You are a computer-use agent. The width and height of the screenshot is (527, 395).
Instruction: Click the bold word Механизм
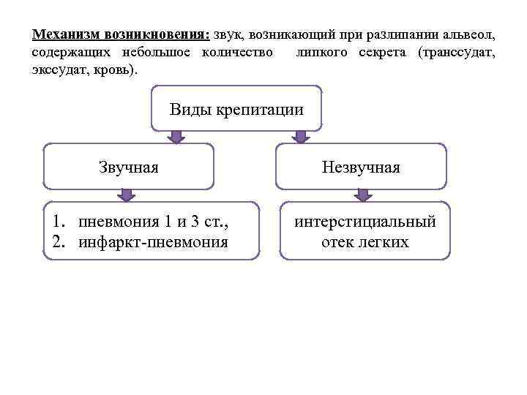coord(67,34)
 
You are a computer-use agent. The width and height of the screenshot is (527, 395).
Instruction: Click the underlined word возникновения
coord(157,34)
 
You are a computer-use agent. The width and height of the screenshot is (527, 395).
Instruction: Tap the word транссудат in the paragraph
coord(458,53)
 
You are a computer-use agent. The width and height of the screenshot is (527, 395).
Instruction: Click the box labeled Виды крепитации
coord(236,110)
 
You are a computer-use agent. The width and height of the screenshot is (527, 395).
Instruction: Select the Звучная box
coord(129,167)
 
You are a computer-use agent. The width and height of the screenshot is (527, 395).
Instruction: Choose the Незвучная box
coord(361,167)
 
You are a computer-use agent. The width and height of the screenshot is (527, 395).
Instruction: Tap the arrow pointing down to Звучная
coord(176,137)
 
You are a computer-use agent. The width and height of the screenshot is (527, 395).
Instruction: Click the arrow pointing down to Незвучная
coord(299,137)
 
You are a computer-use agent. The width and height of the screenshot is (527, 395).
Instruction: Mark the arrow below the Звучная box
coord(127,195)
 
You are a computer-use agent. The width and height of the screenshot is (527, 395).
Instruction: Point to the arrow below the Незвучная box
coord(362,195)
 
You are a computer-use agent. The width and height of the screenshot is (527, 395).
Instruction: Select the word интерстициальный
coord(365,222)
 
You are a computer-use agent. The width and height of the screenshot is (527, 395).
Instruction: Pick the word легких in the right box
coord(385,241)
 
